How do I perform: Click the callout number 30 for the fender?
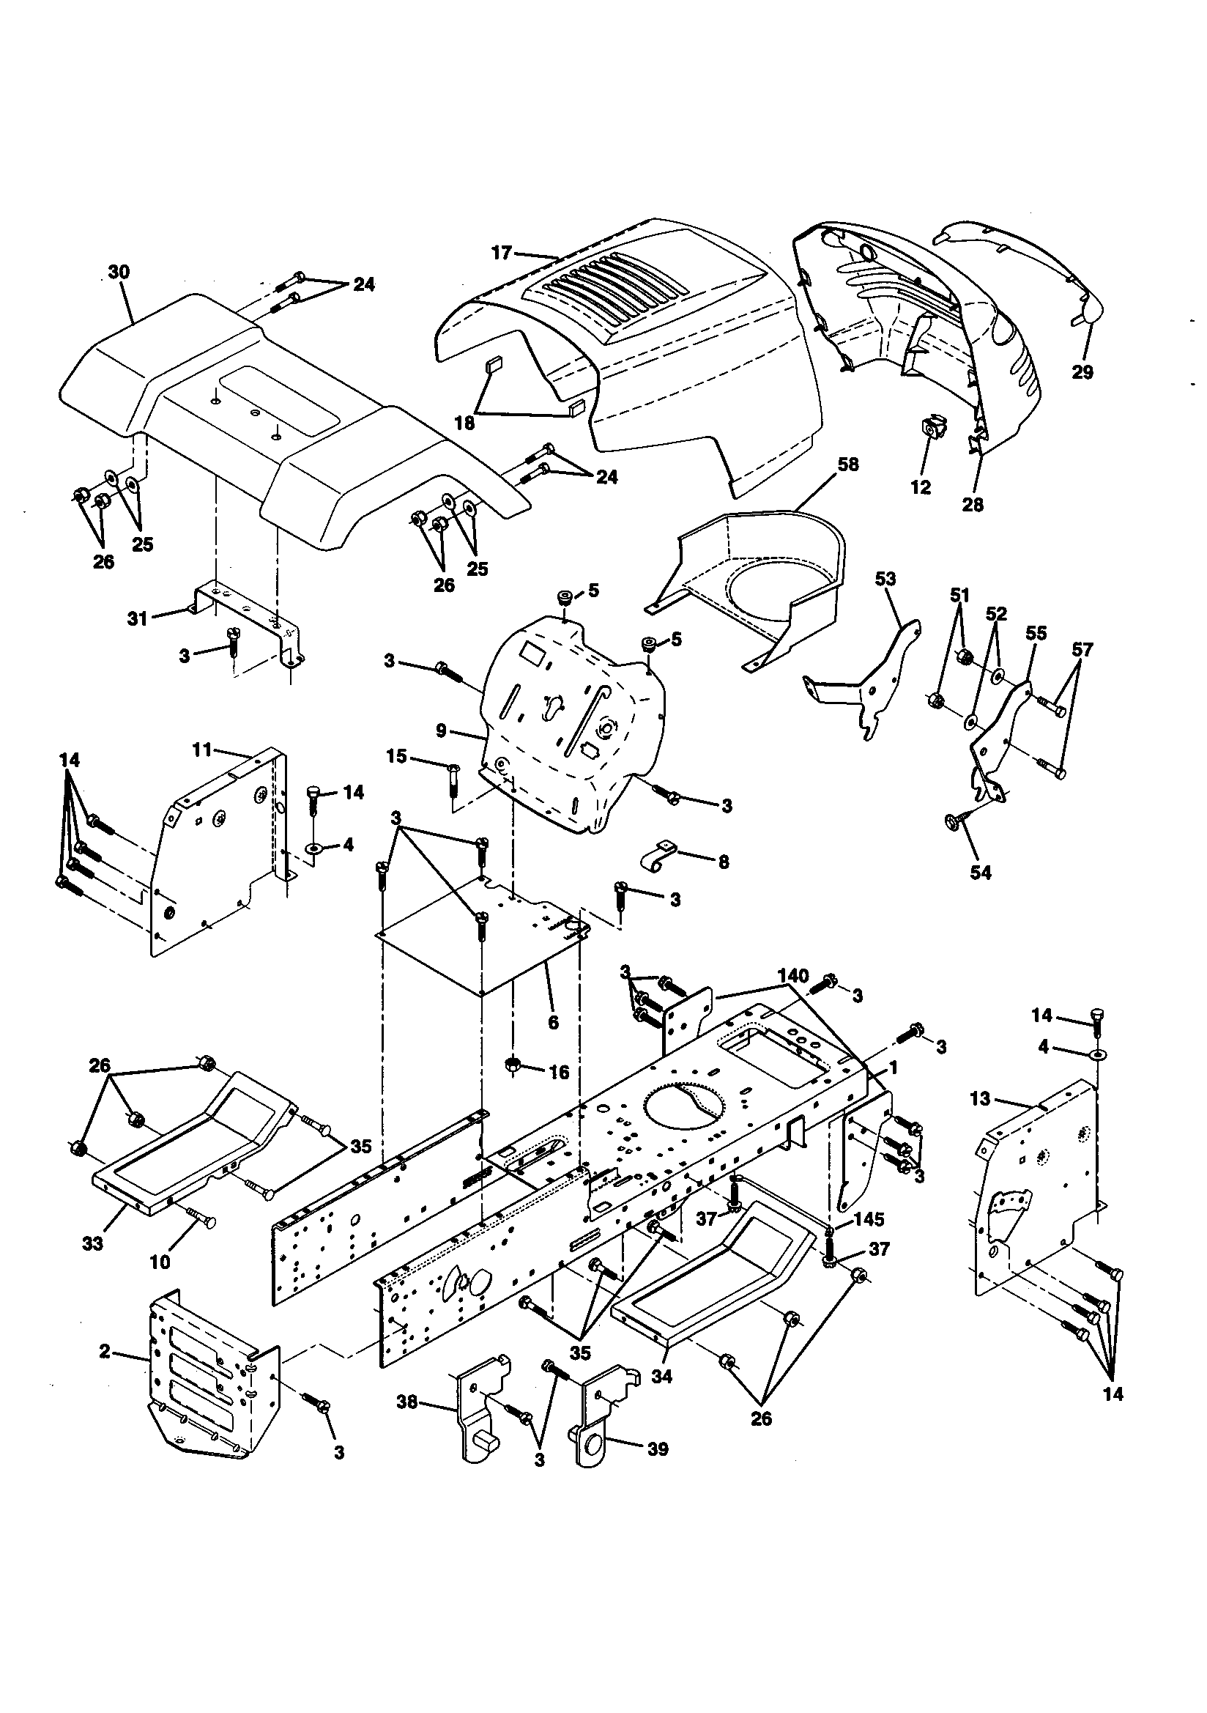click(119, 273)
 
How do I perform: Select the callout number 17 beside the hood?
click(501, 253)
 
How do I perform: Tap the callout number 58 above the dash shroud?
click(847, 464)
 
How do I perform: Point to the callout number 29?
click(1082, 371)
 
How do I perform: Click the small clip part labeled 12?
click(932, 428)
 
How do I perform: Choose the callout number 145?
click(869, 1218)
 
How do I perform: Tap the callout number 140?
click(792, 975)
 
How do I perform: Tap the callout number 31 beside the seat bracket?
click(137, 618)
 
